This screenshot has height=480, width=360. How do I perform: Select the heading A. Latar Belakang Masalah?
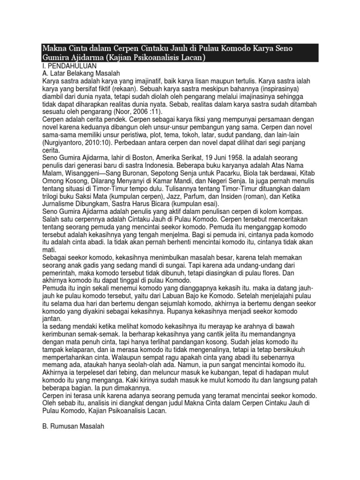click(81, 74)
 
